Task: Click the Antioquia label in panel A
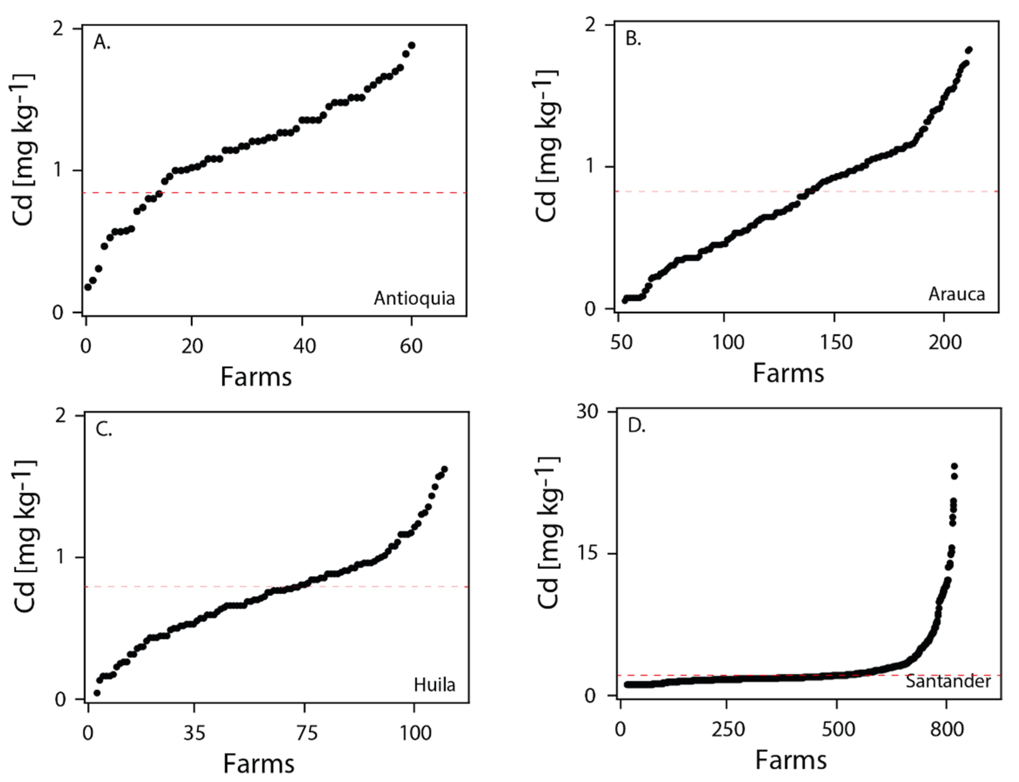point(414,298)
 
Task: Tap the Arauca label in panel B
point(957,294)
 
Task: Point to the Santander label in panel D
point(948,681)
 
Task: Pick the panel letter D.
point(636,425)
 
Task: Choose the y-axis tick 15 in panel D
point(587,554)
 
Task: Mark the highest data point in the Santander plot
point(954,466)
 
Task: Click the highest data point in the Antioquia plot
point(411,45)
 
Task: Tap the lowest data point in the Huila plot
point(97,693)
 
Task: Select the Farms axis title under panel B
point(788,373)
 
